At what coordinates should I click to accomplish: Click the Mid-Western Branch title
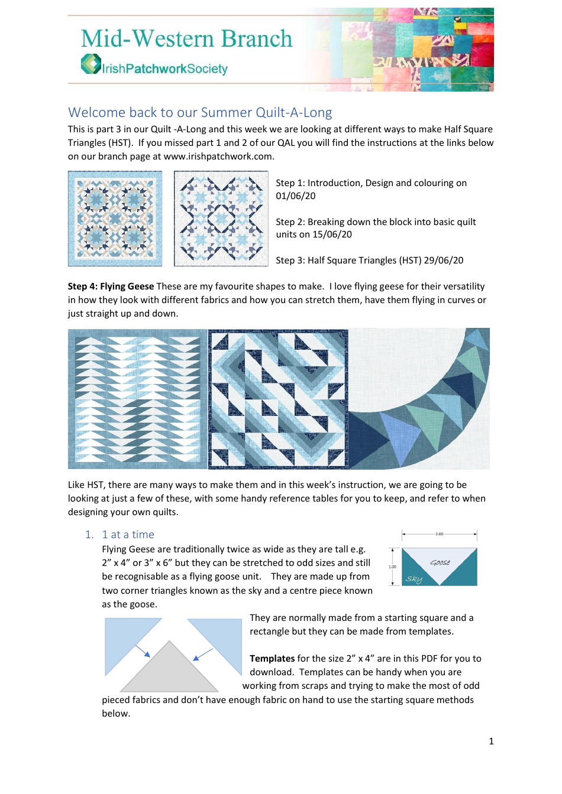point(186,39)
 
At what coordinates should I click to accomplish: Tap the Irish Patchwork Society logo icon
point(91,64)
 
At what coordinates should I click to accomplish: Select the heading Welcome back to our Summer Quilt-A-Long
point(200,112)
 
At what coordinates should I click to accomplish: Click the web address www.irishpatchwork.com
point(218,157)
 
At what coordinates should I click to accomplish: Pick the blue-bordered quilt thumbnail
point(115,219)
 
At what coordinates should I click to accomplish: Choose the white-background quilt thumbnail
point(221,219)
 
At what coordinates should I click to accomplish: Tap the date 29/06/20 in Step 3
point(444,261)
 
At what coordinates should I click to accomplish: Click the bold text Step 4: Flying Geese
point(111,287)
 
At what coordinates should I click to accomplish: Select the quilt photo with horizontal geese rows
point(137,399)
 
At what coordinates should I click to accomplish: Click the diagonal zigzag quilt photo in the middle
point(278,399)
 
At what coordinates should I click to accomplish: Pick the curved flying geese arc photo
point(419,399)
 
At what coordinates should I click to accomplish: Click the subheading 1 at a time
point(128,535)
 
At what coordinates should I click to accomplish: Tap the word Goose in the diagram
point(440,562)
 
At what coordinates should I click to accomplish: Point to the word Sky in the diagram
point(414,579)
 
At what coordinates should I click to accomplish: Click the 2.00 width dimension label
point(439,534)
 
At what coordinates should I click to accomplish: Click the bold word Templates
point(272,659)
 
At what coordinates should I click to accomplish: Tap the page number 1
point(491,741)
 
